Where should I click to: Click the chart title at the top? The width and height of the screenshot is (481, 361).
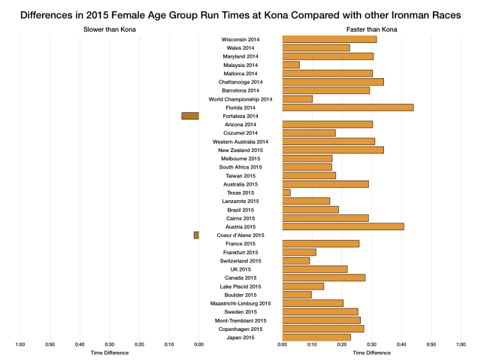[x=240, y=14]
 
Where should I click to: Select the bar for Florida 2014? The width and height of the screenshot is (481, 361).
[x=348, y=108]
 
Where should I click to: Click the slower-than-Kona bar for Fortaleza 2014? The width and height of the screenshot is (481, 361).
[x=190, y=116]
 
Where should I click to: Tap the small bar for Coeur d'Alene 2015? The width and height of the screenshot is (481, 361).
[x=196, y=235]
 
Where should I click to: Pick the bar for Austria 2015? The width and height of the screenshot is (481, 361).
[x=343, y=226]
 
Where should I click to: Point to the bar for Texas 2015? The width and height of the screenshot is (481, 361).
[x=286, y=193]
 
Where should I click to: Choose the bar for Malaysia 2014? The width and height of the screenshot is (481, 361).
[x=291, y=65]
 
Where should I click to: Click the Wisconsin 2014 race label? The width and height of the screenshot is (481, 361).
[x=240, y=39]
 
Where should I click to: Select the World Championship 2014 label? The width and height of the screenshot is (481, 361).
[x=240, y=99]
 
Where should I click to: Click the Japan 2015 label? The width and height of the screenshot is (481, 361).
[x=240, y=338]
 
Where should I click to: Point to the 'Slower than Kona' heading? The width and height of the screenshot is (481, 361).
[x=110, y=29]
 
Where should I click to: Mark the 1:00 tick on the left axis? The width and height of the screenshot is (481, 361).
[x=20, y=345]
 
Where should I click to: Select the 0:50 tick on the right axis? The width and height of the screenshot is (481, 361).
[x=431, y=345]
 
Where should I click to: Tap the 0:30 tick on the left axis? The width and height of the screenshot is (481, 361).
[x=110, y=345]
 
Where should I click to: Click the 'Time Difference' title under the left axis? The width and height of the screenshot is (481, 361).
[x=110, y=352]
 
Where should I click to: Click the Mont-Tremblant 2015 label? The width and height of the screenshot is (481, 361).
[x=240, y=320]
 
